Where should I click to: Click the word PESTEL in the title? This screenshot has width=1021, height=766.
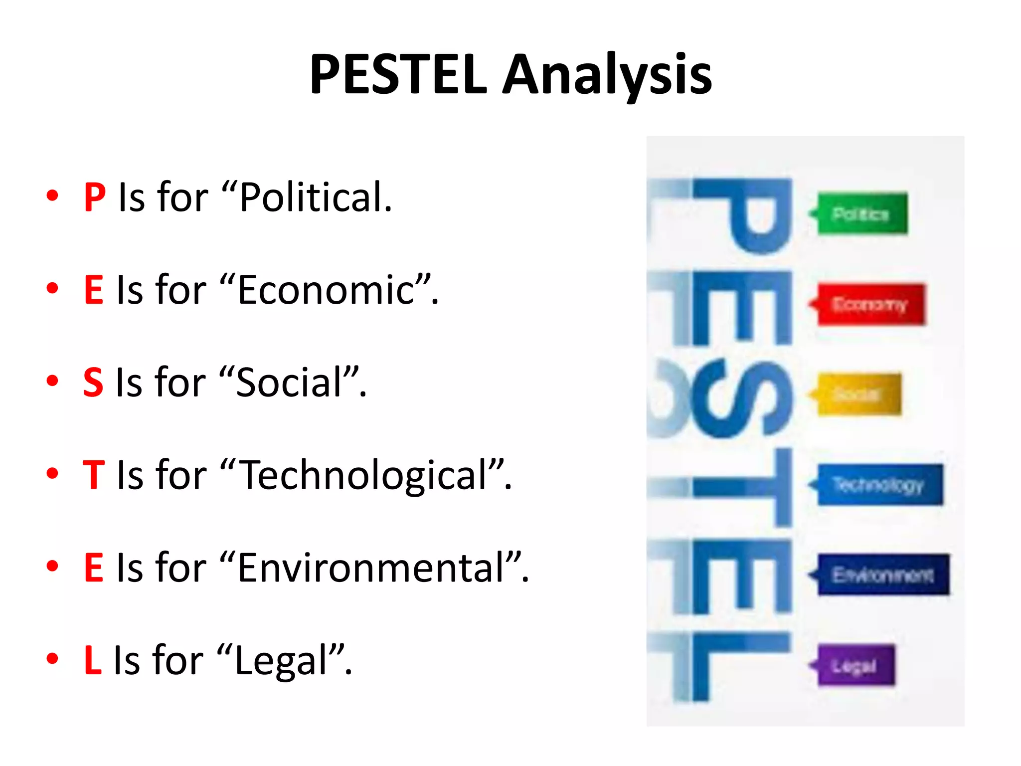398,75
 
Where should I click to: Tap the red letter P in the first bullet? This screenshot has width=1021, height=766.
94,197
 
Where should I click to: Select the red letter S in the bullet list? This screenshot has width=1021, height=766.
93,383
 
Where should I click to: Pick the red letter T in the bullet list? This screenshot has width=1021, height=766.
94,475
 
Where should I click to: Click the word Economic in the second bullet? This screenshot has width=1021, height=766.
327,290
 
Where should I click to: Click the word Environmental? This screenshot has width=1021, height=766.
371,568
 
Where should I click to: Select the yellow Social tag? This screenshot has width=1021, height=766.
858,394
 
